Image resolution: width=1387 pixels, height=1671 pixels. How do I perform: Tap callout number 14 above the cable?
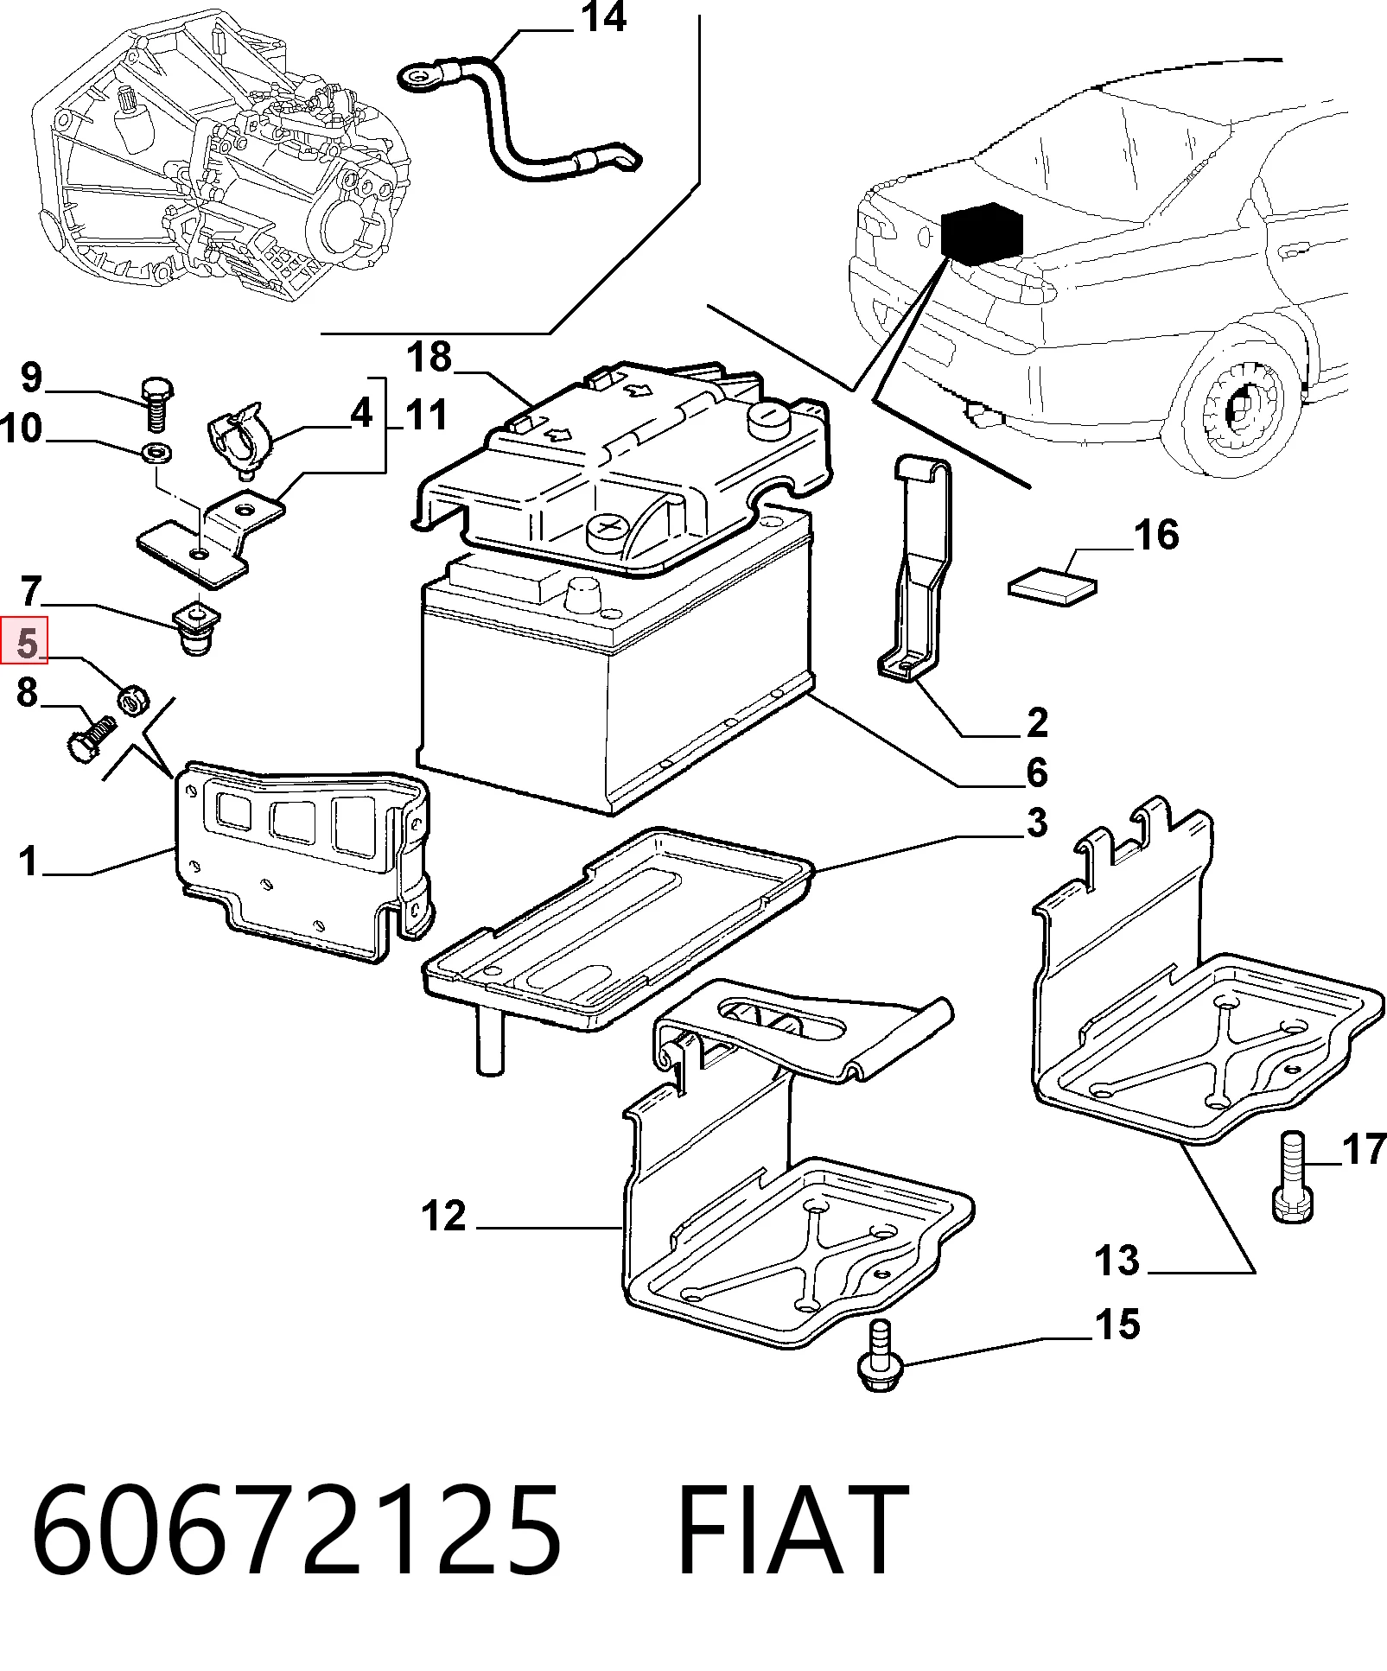(604, 17)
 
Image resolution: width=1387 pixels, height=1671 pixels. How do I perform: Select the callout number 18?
(429, 357)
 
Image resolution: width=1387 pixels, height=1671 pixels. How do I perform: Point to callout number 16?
(1156, 535)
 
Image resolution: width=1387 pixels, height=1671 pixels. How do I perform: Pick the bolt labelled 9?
(157, 403)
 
